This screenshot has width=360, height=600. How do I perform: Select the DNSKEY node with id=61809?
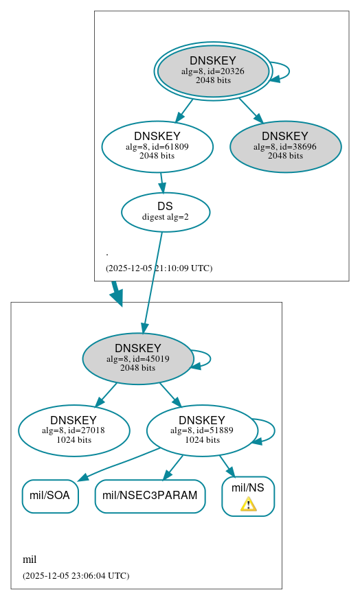157,146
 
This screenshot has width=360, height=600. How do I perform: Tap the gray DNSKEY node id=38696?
285,146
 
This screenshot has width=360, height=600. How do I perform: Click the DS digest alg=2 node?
166,212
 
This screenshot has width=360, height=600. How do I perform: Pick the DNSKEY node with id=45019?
138,358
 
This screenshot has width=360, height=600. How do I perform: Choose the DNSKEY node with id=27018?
74,430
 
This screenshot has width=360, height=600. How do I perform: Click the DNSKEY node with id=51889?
202,430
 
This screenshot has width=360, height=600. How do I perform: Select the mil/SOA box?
50,496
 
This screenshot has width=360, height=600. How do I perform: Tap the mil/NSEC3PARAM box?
150,496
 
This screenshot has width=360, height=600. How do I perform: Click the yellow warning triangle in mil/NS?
248,505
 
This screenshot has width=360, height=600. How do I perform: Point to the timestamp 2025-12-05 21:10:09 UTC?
159,268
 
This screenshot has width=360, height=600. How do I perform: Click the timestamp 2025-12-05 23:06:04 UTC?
76,575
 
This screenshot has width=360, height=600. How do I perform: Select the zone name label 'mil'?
30,559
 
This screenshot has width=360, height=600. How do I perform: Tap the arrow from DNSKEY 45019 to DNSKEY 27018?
106,394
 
